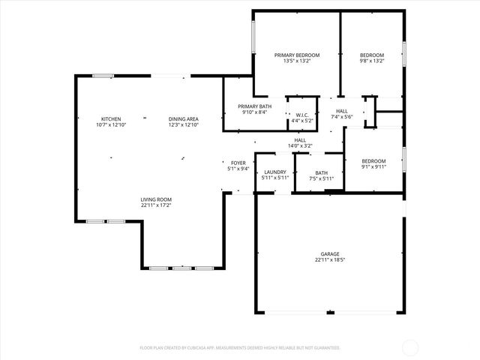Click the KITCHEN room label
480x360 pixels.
[111, 119]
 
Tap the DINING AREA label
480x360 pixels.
[183, 119]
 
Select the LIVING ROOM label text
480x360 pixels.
[157, 199]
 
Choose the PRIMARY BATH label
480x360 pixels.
[255, 106]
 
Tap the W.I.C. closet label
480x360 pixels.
[303, 115]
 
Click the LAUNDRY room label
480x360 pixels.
[274, 172]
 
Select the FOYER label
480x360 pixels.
[238, 163]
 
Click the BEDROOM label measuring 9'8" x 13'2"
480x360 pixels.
[372, 55]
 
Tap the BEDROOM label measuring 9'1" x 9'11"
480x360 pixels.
[373, 161]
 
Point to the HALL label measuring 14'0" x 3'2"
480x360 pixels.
[300, 140]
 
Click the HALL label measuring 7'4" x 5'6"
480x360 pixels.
[341, 111]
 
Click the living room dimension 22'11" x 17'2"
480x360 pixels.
[157, 205]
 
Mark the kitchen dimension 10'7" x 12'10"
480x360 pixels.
[111, 125]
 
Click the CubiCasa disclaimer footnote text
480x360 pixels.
[240, 348]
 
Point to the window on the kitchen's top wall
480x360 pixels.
[103, 76]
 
